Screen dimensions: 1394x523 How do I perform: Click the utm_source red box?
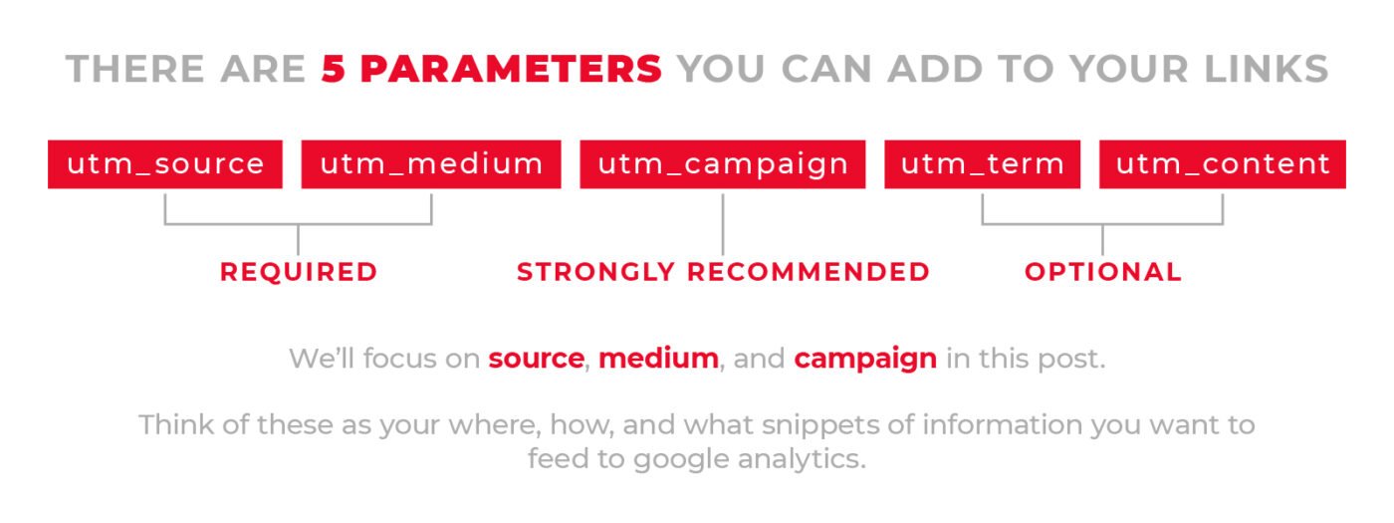tap(165, 164)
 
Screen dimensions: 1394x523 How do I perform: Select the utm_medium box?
tap(431, 164)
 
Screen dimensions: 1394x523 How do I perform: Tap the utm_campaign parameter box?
tap(723, 164)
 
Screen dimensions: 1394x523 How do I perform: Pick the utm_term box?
tap(982, 164)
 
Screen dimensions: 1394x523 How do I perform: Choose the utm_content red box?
tap(1223, 164)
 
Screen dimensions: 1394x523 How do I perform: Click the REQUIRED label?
tap(299, 272)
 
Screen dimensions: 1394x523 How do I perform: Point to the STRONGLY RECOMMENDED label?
tap(723, 272)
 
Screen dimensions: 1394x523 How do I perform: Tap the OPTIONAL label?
tap(1103, 272)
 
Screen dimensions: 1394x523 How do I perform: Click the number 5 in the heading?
tap(333, 69)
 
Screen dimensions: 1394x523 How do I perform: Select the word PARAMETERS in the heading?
tap(511, 69)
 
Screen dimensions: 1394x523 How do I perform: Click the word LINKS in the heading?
tap(1267, 69)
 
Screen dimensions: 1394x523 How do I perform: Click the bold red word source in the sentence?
tap(536, 359)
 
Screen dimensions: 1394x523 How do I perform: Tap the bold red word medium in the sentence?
tap(658, 359)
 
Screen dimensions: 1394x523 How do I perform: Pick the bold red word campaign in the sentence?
tap(865, 360)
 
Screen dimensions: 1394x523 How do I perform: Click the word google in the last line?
tap(681, 460)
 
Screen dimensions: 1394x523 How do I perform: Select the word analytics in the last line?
tap(801, 460)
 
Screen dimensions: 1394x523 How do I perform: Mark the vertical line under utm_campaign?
tap(723, 224)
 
